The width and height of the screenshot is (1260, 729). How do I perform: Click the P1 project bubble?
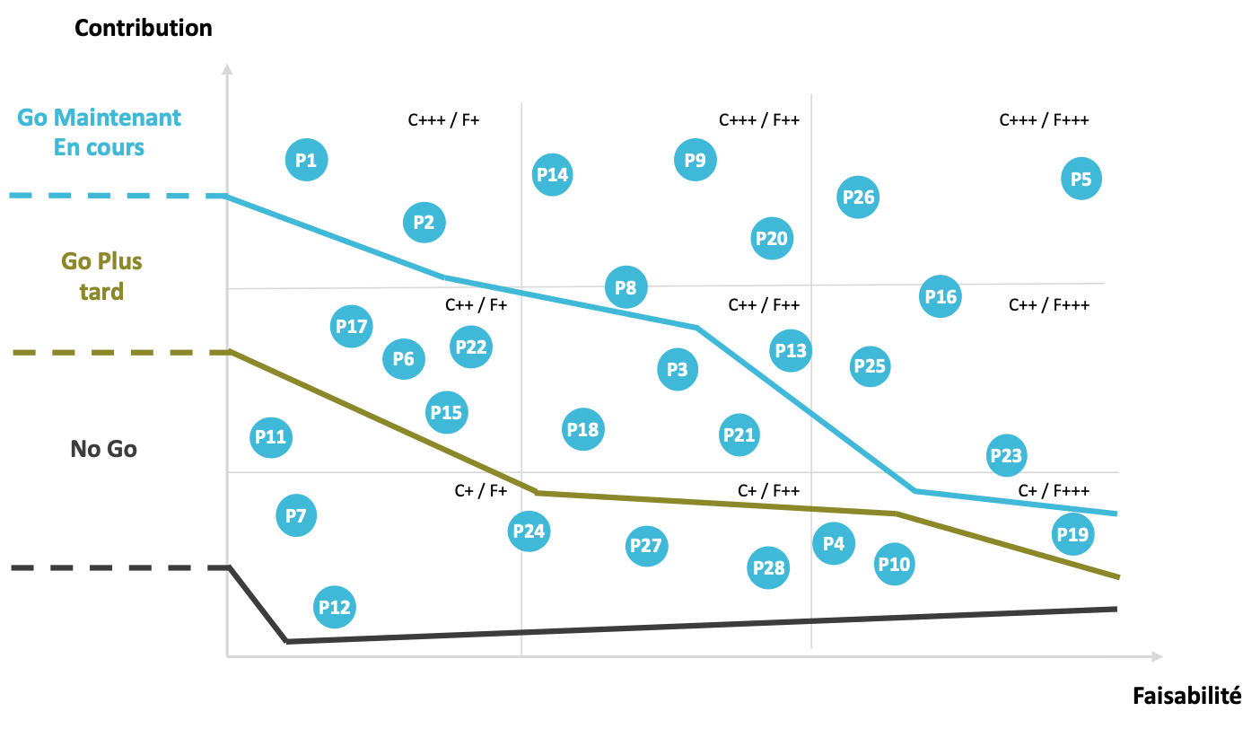[307, 160]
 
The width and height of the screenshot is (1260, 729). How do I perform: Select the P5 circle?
[1081, 179]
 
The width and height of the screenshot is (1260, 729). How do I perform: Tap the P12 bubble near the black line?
[335, 608]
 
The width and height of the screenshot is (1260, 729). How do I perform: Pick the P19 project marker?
[1072, 534]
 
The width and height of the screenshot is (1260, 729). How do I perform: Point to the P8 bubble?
[626, 287]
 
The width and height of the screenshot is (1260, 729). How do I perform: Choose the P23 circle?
[1006, 455]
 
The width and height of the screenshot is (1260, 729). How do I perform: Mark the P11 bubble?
[271, 437]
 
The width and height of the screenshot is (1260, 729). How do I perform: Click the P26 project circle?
[858, 197]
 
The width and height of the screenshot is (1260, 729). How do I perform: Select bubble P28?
[768, 568]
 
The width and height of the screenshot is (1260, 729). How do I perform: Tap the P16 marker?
[941, 296]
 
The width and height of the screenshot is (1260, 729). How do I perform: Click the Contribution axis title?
[144, 28]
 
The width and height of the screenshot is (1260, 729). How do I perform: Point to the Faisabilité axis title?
[1187, 696]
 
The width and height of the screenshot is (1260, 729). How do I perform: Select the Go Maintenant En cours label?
[99, 132]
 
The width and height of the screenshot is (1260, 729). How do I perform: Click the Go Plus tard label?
[101, 277]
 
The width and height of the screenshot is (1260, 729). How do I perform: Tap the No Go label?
[103, 449]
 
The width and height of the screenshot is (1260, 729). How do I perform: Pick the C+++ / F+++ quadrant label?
[1044, 120]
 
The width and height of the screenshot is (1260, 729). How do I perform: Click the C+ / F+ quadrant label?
[481, 491]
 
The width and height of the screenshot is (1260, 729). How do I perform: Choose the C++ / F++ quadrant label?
[764, 305]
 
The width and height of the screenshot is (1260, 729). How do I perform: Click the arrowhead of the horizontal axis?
[1157, 656]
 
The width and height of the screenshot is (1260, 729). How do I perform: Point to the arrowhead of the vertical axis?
[227, 69]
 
